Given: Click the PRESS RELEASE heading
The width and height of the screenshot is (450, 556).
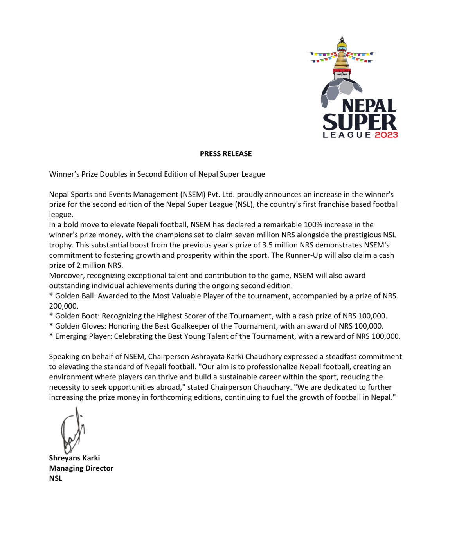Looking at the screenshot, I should pos(225,154).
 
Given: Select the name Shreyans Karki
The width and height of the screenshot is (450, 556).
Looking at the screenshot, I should pos(74,458).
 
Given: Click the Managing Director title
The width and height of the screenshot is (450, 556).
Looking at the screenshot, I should pos(81,468).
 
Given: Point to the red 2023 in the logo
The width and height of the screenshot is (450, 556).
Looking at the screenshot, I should pos(386,135).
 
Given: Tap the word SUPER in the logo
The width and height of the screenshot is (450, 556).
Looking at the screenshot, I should pos(360,122).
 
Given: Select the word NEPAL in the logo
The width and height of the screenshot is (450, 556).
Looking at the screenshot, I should pos(369,106).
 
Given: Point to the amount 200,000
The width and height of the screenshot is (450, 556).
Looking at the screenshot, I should pos(63,306).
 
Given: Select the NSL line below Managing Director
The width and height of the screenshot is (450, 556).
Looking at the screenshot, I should pos(56,478).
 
